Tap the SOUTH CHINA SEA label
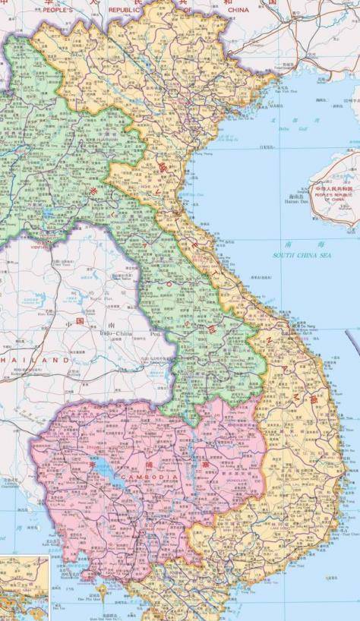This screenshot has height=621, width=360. pos(302,256)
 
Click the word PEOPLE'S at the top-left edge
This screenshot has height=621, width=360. pos(58,10)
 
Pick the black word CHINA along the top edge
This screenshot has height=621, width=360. pos(238,10)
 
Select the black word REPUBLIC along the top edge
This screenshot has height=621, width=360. pos(125,10)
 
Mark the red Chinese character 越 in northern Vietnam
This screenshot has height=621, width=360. pos(162,165)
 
